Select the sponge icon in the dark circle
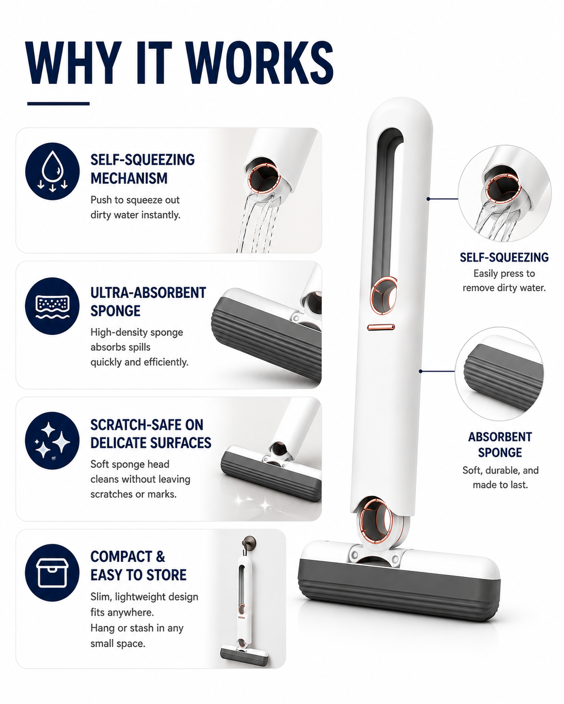(x=52, y=306)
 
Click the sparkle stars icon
(x=52, y=440)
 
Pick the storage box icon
(x=52, y=573)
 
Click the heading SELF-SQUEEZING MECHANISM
(x=142, y=169)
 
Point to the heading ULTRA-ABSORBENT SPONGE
(x=148, y=302)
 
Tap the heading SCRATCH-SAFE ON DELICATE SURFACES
(x=151, y=434)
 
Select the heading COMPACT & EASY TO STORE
(x=138, y=566)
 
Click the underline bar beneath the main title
(x=58, y=104)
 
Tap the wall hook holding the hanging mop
(x=249, y=543)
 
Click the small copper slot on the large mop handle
(x=381, y=327)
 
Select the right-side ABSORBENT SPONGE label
(x=500, y=444)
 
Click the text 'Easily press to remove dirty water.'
(x=504, y=281)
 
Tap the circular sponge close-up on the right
(x=499, y=374)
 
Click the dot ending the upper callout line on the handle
(x=428, y=198)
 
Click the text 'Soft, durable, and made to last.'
(x=501, y=478)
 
